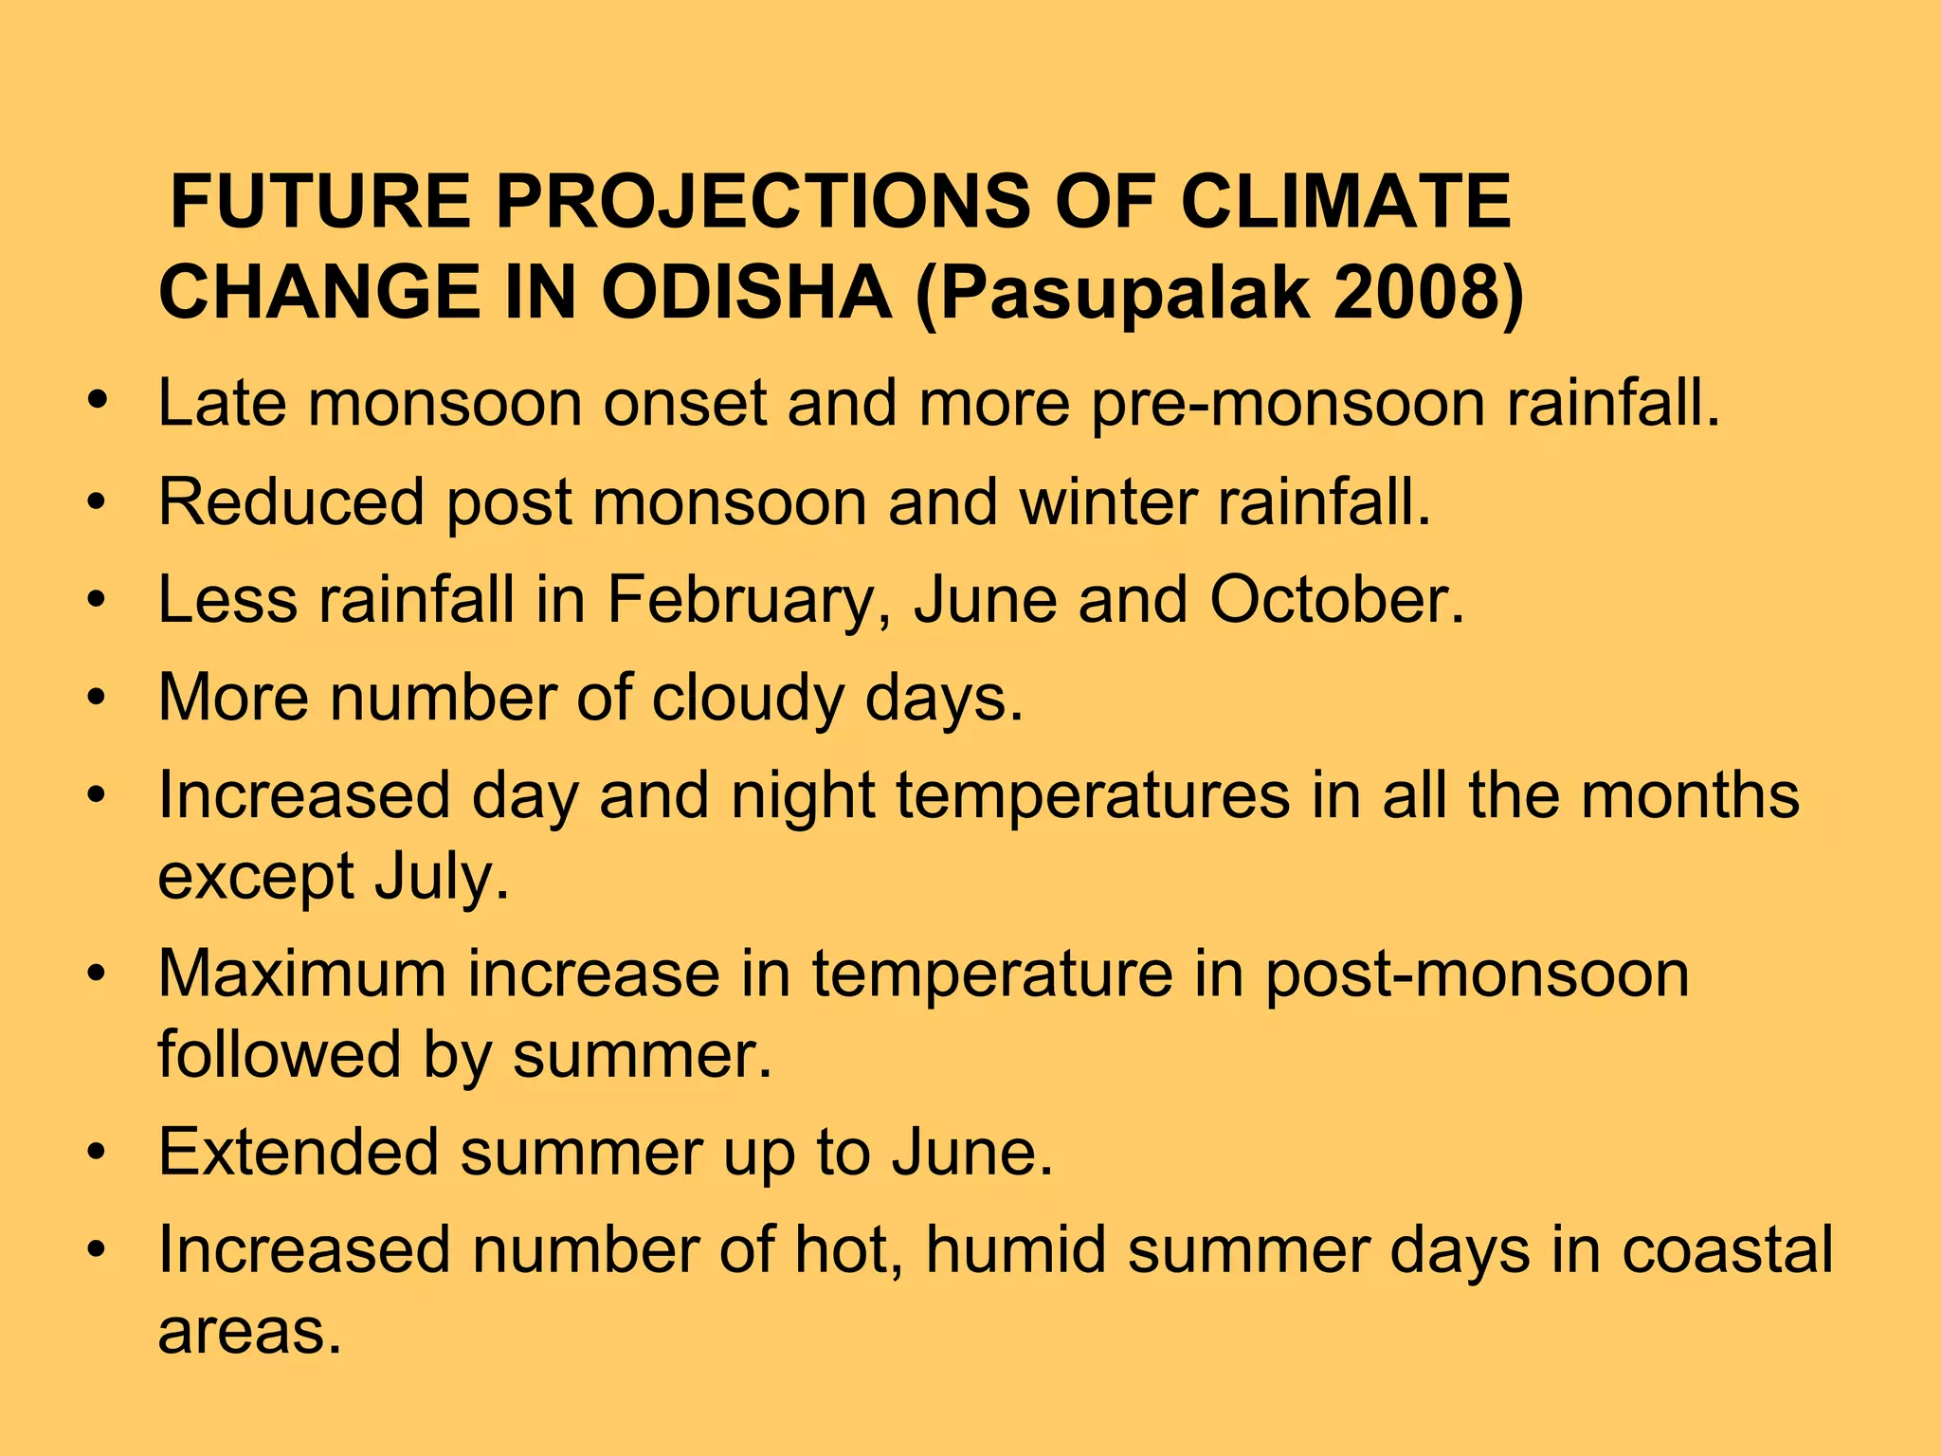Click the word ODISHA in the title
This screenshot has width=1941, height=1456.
746,292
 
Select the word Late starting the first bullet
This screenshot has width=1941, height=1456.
221,403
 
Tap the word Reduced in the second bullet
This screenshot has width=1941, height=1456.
290,501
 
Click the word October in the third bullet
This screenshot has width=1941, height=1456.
1336,600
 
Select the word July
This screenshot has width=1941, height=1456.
442,878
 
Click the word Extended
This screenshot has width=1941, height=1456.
298,1153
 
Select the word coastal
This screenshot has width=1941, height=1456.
1727,1250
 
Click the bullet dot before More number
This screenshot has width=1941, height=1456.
96,699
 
